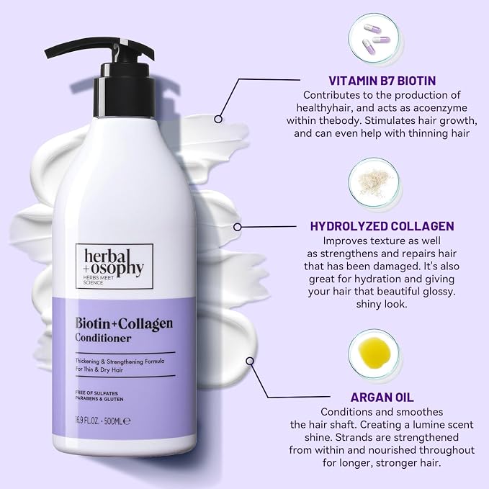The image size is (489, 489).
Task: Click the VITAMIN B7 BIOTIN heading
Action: (382, 81)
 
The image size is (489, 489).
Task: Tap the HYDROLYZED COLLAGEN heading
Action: (382, 226)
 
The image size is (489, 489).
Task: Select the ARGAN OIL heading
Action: (382, 398)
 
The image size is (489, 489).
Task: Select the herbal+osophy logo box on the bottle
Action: (115, 266)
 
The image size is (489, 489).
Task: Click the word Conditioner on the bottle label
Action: (103, 338)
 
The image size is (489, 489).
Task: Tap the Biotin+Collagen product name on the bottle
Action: (124, 323)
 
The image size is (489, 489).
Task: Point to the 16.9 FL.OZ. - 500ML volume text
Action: (102, 421)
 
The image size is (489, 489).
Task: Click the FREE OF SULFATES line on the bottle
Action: (97, 393)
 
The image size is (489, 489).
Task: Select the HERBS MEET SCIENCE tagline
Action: (99, 280)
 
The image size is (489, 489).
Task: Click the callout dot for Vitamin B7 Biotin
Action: (219, 119)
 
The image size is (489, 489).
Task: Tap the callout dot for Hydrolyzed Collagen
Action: (238, 227)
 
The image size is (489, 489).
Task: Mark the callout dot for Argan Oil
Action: (250, 361)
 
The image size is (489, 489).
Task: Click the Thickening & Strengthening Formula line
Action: (120, 362)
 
